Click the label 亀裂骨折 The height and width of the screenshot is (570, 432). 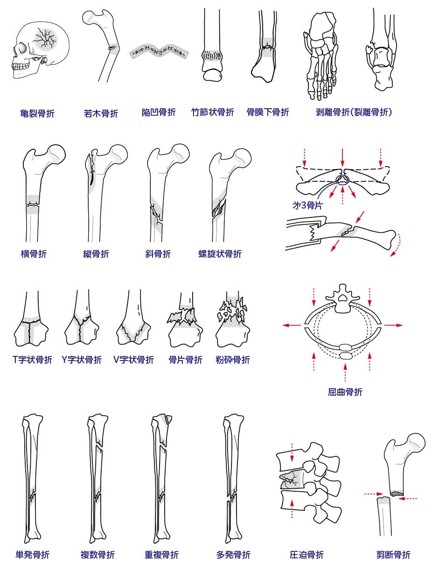pyautogui.click(x=37, y=113)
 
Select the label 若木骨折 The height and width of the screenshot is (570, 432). pyautogui.click(x=101, y=113)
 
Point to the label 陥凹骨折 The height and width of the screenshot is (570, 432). pyautogui.click(x=159, y=112)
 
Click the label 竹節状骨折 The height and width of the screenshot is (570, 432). pyautogui.click(x=213, y=112)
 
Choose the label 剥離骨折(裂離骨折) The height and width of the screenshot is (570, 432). pyautogui.click(x=354, y=112)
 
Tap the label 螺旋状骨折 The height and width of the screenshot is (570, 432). pyautogui.click(x=220, y=254)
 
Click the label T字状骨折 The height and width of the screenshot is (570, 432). pyautogui.click(x=32, y=360)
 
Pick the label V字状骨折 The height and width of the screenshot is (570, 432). pyautogui.click(x=133, y=360)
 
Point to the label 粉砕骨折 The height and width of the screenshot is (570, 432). pyautogui.click(x=233, y=360)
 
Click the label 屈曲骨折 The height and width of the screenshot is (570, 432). pyautogui.click(x=345, y=392)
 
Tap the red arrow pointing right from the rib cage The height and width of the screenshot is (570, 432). pyautogui.click(x=393, y=325)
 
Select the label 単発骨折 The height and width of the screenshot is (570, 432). pyautogui.click(x=32, y=555)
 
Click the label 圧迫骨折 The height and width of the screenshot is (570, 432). pyautogui.click(x=306, y=555)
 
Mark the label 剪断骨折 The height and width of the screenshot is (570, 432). pyautogui.click(x=393, y=555)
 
